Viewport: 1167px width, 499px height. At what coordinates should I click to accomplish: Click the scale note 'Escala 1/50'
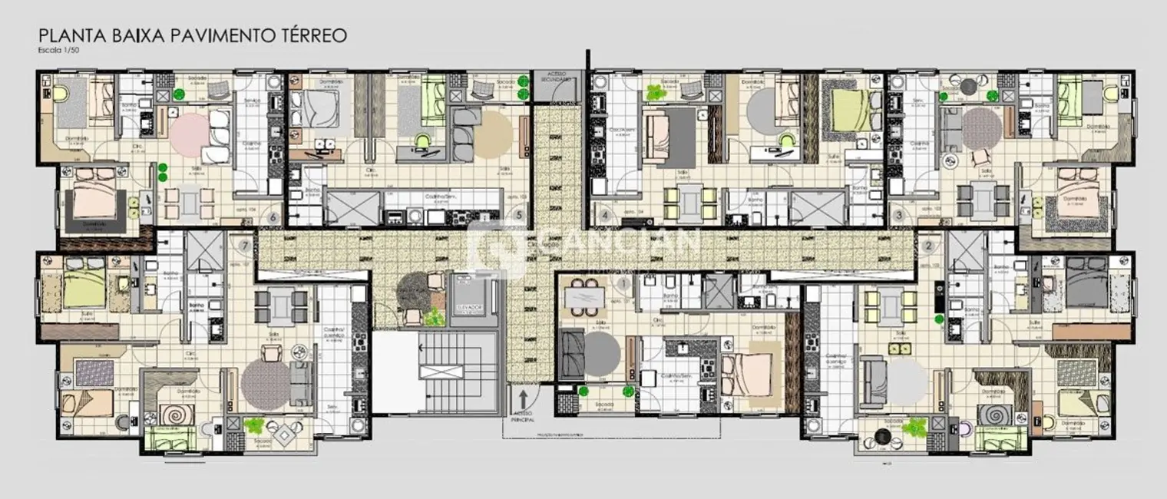pyautogui.click(x=56, y=50)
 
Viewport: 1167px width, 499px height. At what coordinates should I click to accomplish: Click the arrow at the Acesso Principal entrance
pyautogui.click(x=523, y=399)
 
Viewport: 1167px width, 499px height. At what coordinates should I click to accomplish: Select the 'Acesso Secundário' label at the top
pyautogui.click(x=554, y=76)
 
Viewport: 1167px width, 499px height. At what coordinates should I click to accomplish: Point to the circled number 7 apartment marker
pyautogui.click(x=245, y=244)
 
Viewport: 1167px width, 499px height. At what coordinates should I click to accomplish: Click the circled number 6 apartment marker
pyautogui.click(x=272, y=216)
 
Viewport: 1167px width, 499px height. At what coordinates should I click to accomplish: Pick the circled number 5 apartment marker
pyautogui.click(x=520, y=216)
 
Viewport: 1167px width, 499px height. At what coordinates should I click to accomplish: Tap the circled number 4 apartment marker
pyautogui.click(x=605, y=216)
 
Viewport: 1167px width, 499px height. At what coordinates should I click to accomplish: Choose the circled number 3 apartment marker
pyautogui.click(x=898, y=216)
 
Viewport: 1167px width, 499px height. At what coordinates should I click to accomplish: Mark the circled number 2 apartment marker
pyautogui.click(x=929, y=246)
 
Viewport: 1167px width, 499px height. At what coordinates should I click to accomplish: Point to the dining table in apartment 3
pyautogui.click(x=980, y=197)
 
